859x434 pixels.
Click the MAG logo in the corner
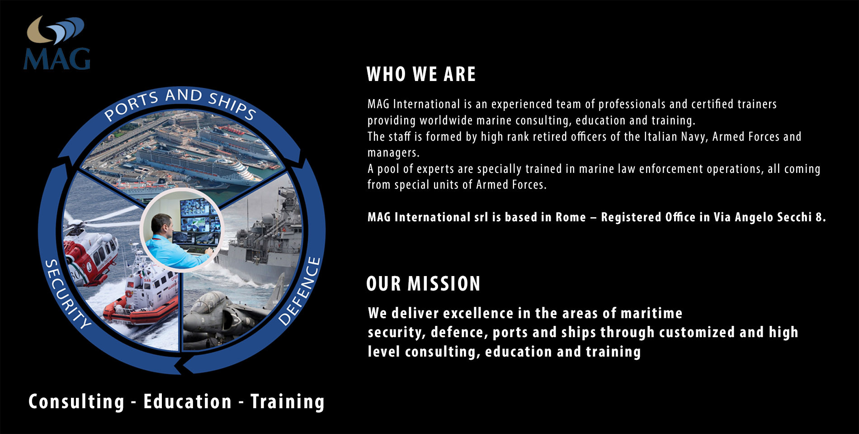click(57, 43)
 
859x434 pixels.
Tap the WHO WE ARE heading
click(421, 74)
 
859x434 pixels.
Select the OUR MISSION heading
click(423, 284)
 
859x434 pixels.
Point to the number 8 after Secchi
click(818, 217)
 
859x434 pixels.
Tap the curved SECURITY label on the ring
click(68, 294)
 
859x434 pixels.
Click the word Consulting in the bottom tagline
click(76, 402)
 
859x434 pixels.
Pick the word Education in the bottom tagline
click(187, 402)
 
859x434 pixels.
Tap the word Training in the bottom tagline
click(288, 402)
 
